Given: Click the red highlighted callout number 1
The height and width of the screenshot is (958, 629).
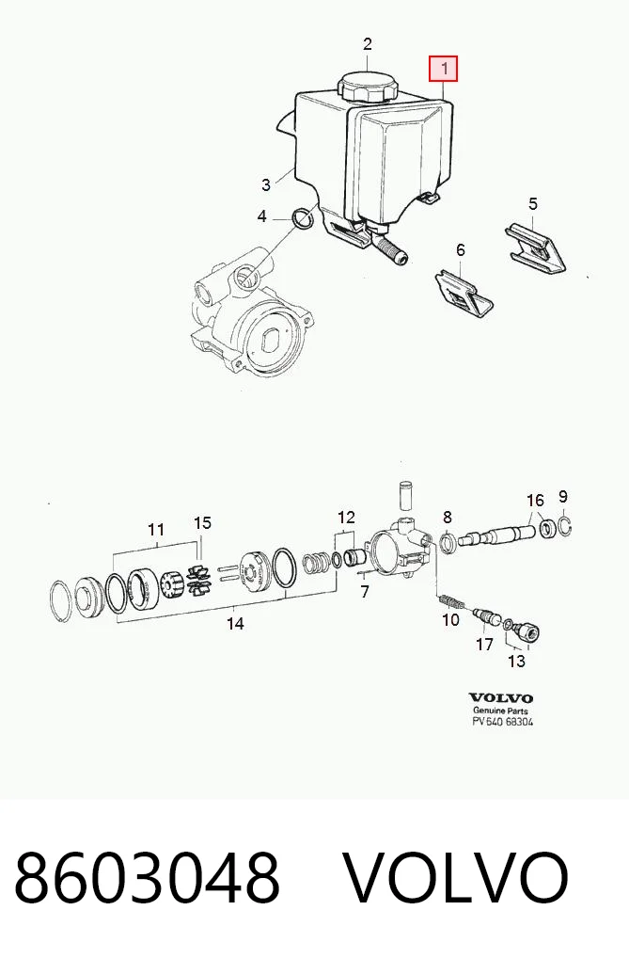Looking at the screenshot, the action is [x=444, y=69].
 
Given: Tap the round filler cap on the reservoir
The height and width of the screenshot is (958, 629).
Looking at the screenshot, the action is [x=368, y=87].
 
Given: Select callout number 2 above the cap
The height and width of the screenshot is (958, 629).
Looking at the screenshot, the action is [x=367, y=44].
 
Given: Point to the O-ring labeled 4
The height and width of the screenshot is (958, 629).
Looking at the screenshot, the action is [x=303, y=218].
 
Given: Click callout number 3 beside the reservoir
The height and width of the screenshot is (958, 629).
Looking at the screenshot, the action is [x=266, y=184].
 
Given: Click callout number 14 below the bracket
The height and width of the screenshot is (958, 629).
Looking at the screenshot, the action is [x=235, y=624].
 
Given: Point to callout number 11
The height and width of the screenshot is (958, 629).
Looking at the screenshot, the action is [x=156, y=529].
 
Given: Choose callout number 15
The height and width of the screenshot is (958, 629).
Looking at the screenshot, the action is [x=202, y=523].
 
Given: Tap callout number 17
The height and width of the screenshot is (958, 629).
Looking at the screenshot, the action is [x=484, y=645].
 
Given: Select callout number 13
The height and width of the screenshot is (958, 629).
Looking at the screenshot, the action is [x=516, y=661].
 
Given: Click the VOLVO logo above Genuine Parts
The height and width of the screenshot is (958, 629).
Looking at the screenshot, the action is [x=501, y=697].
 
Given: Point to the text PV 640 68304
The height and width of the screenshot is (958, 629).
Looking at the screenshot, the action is [x=503, y=722].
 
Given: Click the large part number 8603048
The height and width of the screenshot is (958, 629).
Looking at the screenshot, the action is [x=147, y=877].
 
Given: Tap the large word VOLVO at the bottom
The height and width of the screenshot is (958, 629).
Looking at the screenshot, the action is [x=455, y=877].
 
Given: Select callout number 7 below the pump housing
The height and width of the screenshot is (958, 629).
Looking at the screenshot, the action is [x=365, y=591].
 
